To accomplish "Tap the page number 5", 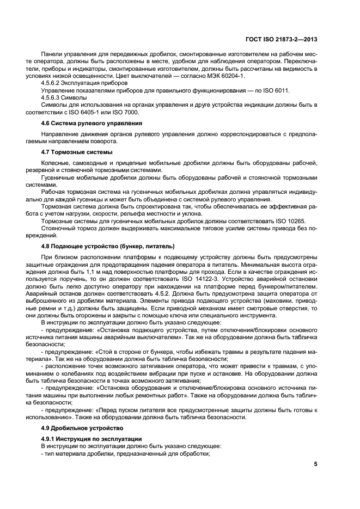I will pos(315,464).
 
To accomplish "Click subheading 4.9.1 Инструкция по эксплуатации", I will pos(91,438).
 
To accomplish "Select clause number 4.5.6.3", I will pos(52,97).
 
